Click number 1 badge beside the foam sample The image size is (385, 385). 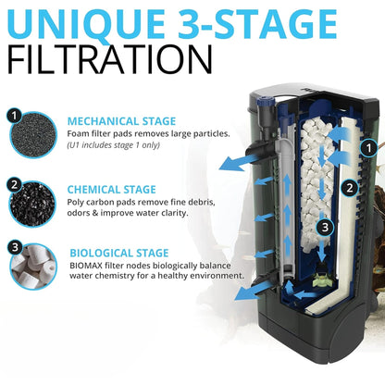point(14,117)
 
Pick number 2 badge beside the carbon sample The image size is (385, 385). point(14,184)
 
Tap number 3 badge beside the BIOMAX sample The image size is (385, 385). point(14,247)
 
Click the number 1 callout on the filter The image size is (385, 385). point(367,146)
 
